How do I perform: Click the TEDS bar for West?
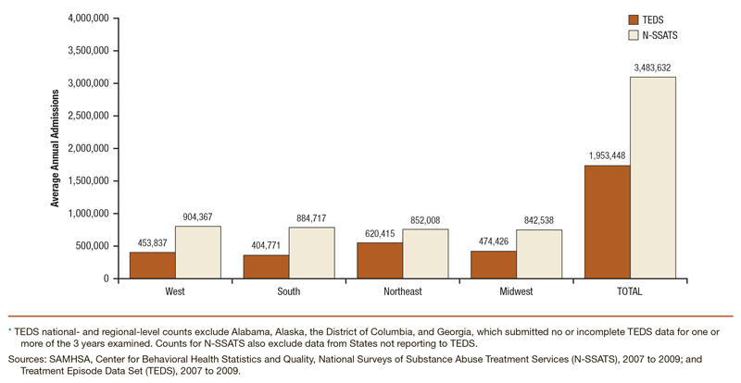click(x=152, y=265)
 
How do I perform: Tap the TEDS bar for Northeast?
click(x=379, y=260)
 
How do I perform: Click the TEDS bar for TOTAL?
click(x=607, y=221)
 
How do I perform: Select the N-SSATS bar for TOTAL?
click(x=652, y=177)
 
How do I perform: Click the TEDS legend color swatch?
click(x=634, y=19)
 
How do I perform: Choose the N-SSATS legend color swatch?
click(x=634, y=35)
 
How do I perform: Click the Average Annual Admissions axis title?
click(x=56, y=148)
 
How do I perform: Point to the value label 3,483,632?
click(x=652, y=67)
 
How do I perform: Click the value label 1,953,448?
click(x=607, y=155)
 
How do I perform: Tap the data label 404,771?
click(x=266, y=245)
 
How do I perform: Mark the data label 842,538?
click(x=538, y=220)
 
